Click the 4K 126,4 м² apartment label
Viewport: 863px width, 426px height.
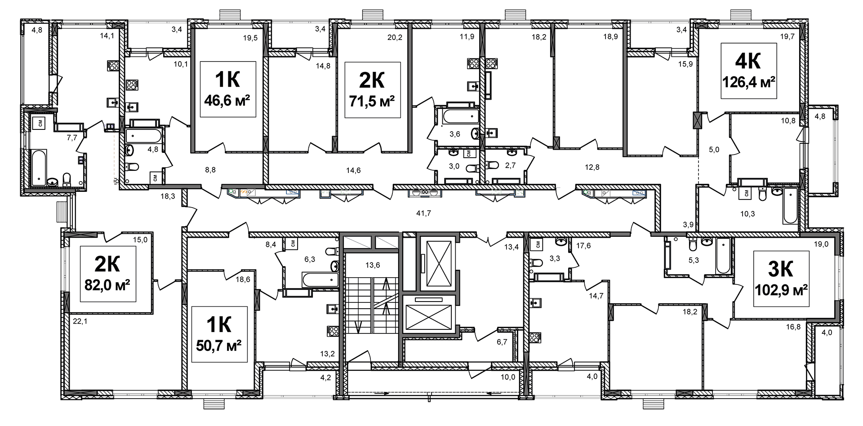(x=749, y=71)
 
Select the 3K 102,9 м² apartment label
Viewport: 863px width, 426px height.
(x=781, y=279)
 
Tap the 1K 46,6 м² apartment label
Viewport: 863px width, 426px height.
(x=228, y=89)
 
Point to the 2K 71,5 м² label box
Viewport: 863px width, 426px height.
(x=373, y=89)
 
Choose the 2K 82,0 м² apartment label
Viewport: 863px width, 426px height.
(x=108, y=274)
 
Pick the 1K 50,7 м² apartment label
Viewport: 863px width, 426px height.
(x=219, y=334)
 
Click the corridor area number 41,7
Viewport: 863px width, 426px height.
(x=423, y=213)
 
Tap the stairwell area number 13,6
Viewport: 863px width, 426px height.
(x=373, y=265)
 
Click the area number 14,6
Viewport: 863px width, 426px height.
(x=353, y=170)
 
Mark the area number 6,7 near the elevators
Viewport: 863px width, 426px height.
(x=502, y=342)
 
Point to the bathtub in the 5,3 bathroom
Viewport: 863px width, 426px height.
(x=723, y=256)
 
